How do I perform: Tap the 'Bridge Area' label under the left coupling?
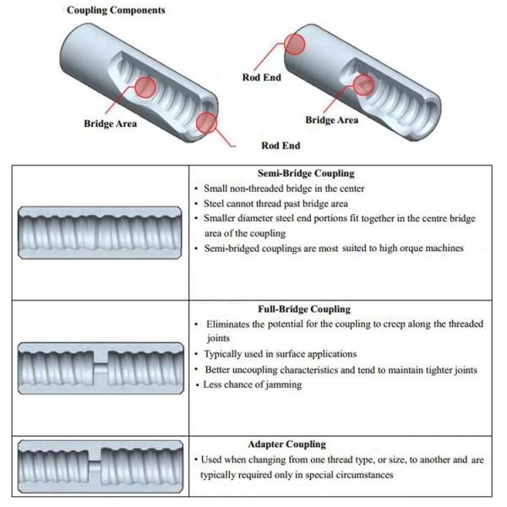point(110,124)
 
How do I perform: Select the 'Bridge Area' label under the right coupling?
point(332,120)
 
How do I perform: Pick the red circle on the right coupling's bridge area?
point(364,84)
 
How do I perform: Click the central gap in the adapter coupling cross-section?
point(101,465)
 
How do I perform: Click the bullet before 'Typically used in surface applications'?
point(198,354)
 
